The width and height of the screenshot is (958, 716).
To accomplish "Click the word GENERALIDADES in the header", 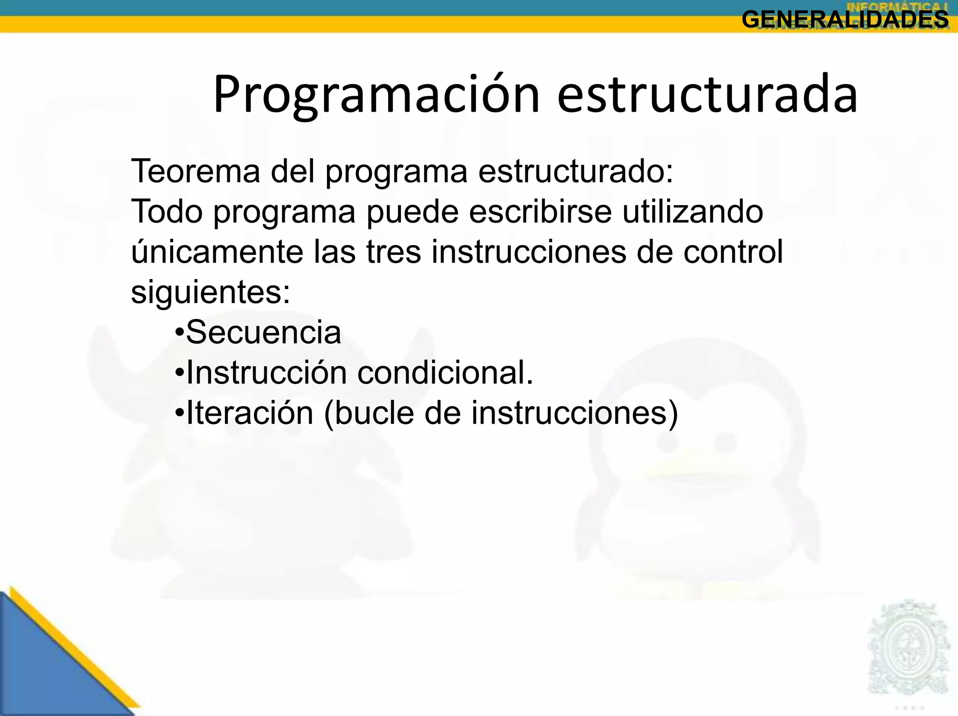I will pyautogui.click(x=845, y=20).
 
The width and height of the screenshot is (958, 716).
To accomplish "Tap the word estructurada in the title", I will pyautogui.click(x=707, y=95).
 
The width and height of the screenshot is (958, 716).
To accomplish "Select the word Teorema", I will pyautogui.click(x=196, y=171).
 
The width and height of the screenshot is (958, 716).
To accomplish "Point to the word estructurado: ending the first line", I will pyautogui.click(x=575, y=171).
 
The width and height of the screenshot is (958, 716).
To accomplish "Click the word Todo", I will pyautogui.click(x=167, y=211).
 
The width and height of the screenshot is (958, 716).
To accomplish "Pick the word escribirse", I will pyautogui.click(x=540, y=211).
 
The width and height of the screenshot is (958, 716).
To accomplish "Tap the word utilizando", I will pyautogui.click(x=692, y=211).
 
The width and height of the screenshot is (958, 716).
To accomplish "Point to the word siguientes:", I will pyautogui.click(x=210, y=293).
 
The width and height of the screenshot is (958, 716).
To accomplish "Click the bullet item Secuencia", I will pyautogui.click(x=263, y=333).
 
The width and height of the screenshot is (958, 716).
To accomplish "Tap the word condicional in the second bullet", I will pyautogui.click(x=445, y=373).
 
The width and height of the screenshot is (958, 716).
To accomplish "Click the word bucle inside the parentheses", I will pyautogui.click(x=374, y=413).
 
